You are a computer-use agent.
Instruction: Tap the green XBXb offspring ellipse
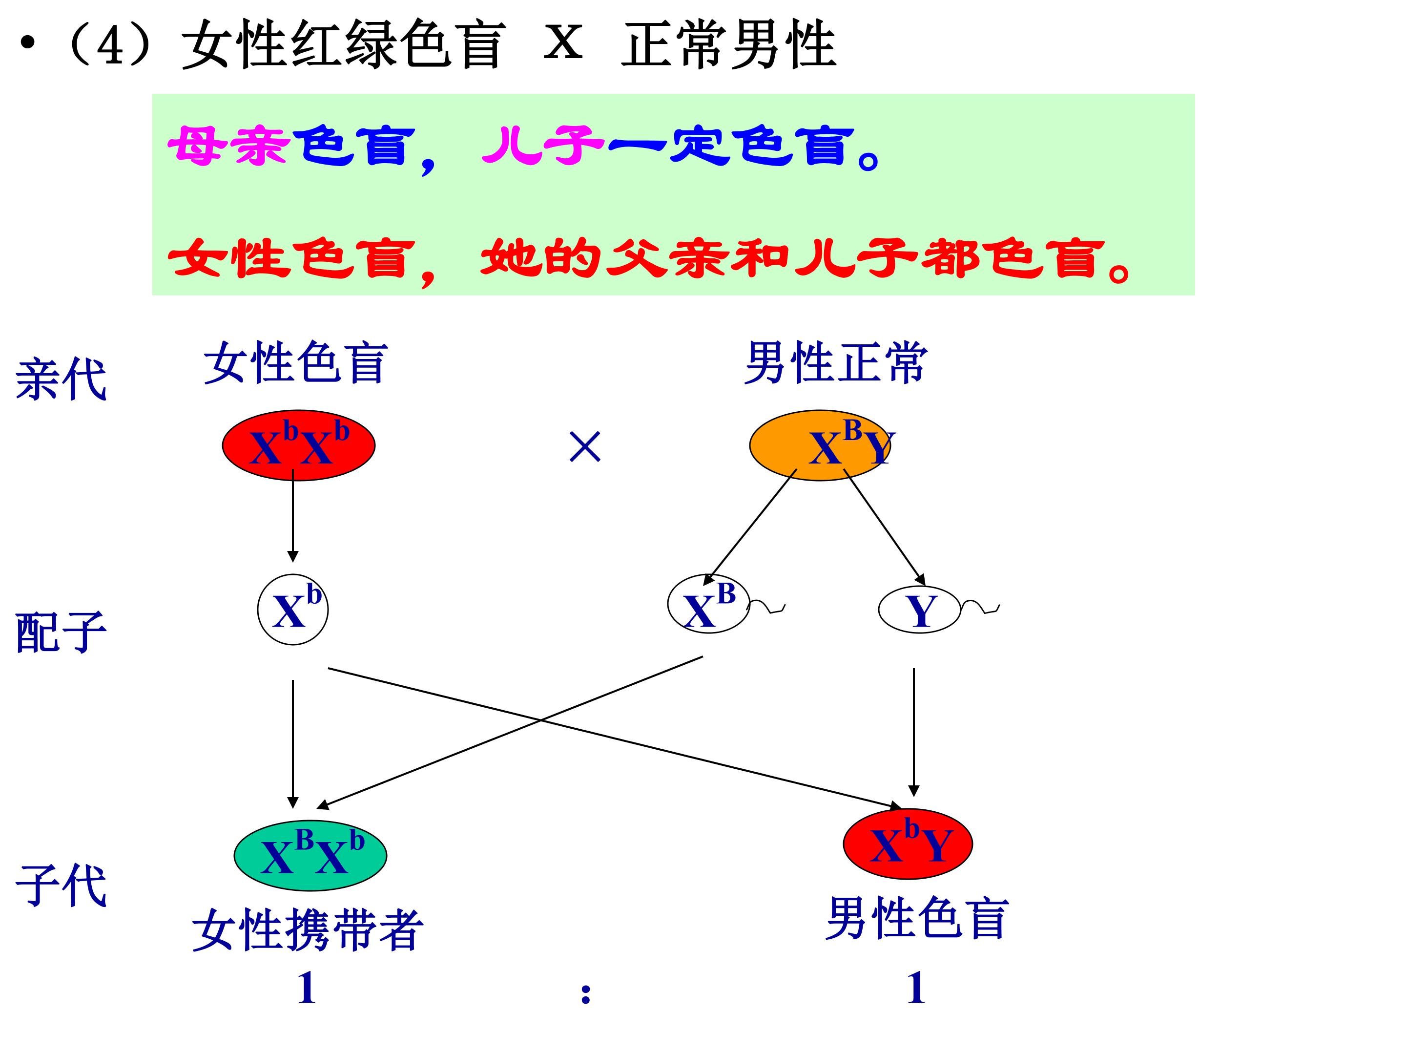coord(310,855)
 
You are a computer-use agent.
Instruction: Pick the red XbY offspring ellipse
coord(908,844)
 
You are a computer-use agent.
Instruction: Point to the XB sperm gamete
coord(709,604)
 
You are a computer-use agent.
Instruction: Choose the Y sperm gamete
coord(919,610)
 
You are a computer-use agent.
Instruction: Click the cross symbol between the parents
coord(585,446)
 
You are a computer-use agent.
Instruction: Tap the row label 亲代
coord(61,380)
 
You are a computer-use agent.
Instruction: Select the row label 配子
coord(61,632)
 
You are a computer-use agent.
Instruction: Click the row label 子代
coord(61,885)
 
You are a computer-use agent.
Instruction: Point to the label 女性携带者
coord(308,930)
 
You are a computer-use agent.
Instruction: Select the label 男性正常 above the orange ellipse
coord(836,362)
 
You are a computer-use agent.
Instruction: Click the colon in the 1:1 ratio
coord(586,994)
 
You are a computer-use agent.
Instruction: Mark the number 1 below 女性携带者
coord(307,988)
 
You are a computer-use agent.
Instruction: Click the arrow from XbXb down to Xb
coord(293,516)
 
